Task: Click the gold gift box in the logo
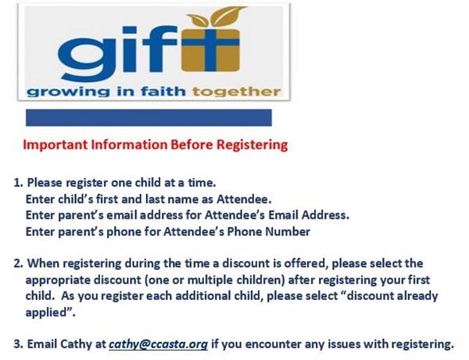click(210, 50)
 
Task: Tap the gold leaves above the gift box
click(216, 16)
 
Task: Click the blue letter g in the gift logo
click(84, 55)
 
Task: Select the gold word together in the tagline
click(236, 91)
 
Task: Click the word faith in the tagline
click(163, 91)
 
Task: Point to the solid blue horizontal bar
click(149, 118)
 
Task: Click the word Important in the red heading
click(55, 145)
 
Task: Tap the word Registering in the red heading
click(252, 145)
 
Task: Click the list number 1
click(18, 183)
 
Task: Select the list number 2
click(18, 264)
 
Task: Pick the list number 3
click(18, 344)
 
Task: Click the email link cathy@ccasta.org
click(158, 344)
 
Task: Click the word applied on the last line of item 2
click(46, 313)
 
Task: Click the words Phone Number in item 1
click(269, 231)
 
